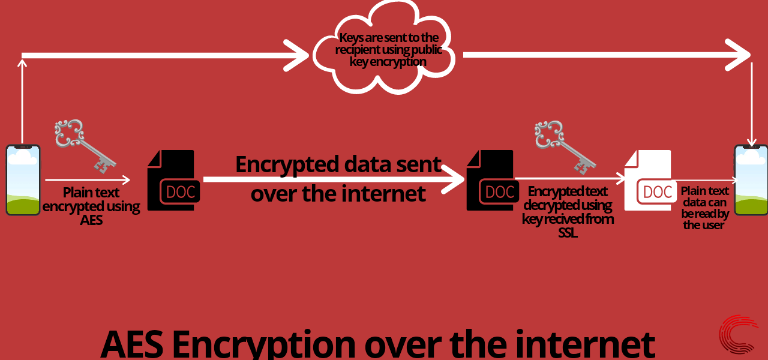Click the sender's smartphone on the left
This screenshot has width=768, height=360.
point(23,179)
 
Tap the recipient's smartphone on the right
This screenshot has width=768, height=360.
point(751,179)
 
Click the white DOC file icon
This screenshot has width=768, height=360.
point(650,181)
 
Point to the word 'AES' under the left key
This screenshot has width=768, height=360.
point(91,220)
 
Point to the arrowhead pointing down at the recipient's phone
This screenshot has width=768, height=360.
point(752,140)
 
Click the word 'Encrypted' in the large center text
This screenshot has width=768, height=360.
point(287,164)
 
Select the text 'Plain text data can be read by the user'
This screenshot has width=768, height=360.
point(704,208)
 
